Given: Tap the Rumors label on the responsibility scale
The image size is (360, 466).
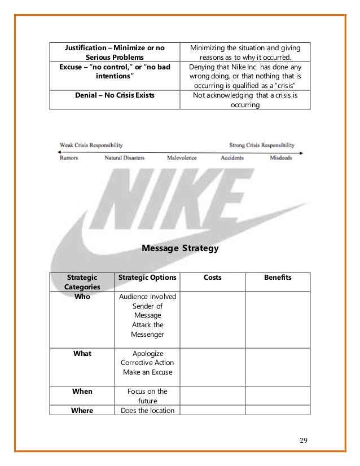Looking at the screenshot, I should (x=68, y=158).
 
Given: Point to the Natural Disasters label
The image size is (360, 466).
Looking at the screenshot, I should (x=124, y=158).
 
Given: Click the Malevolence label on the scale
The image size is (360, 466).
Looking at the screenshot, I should (x=182, y=158).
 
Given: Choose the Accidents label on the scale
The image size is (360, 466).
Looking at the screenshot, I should (x=232, y=158).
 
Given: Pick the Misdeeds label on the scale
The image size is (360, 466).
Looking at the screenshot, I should (x=280, y=158).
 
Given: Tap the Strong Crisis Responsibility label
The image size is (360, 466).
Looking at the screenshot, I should (x=262, y=145).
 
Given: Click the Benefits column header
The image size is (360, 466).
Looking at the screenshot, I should (x=278, y=278).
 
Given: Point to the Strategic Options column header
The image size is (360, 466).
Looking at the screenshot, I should (x=147, y=278).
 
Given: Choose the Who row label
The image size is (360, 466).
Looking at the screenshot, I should (x=82, y=296).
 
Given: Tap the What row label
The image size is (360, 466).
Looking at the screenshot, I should (x=82, y=354).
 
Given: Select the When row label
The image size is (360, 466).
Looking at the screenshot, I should (x=82, y=391).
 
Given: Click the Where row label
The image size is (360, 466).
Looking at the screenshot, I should (x=82, y=410).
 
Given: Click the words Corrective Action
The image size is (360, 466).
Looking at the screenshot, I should (x=147, y=363).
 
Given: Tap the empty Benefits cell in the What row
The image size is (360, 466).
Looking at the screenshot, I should (x=278, y=366).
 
